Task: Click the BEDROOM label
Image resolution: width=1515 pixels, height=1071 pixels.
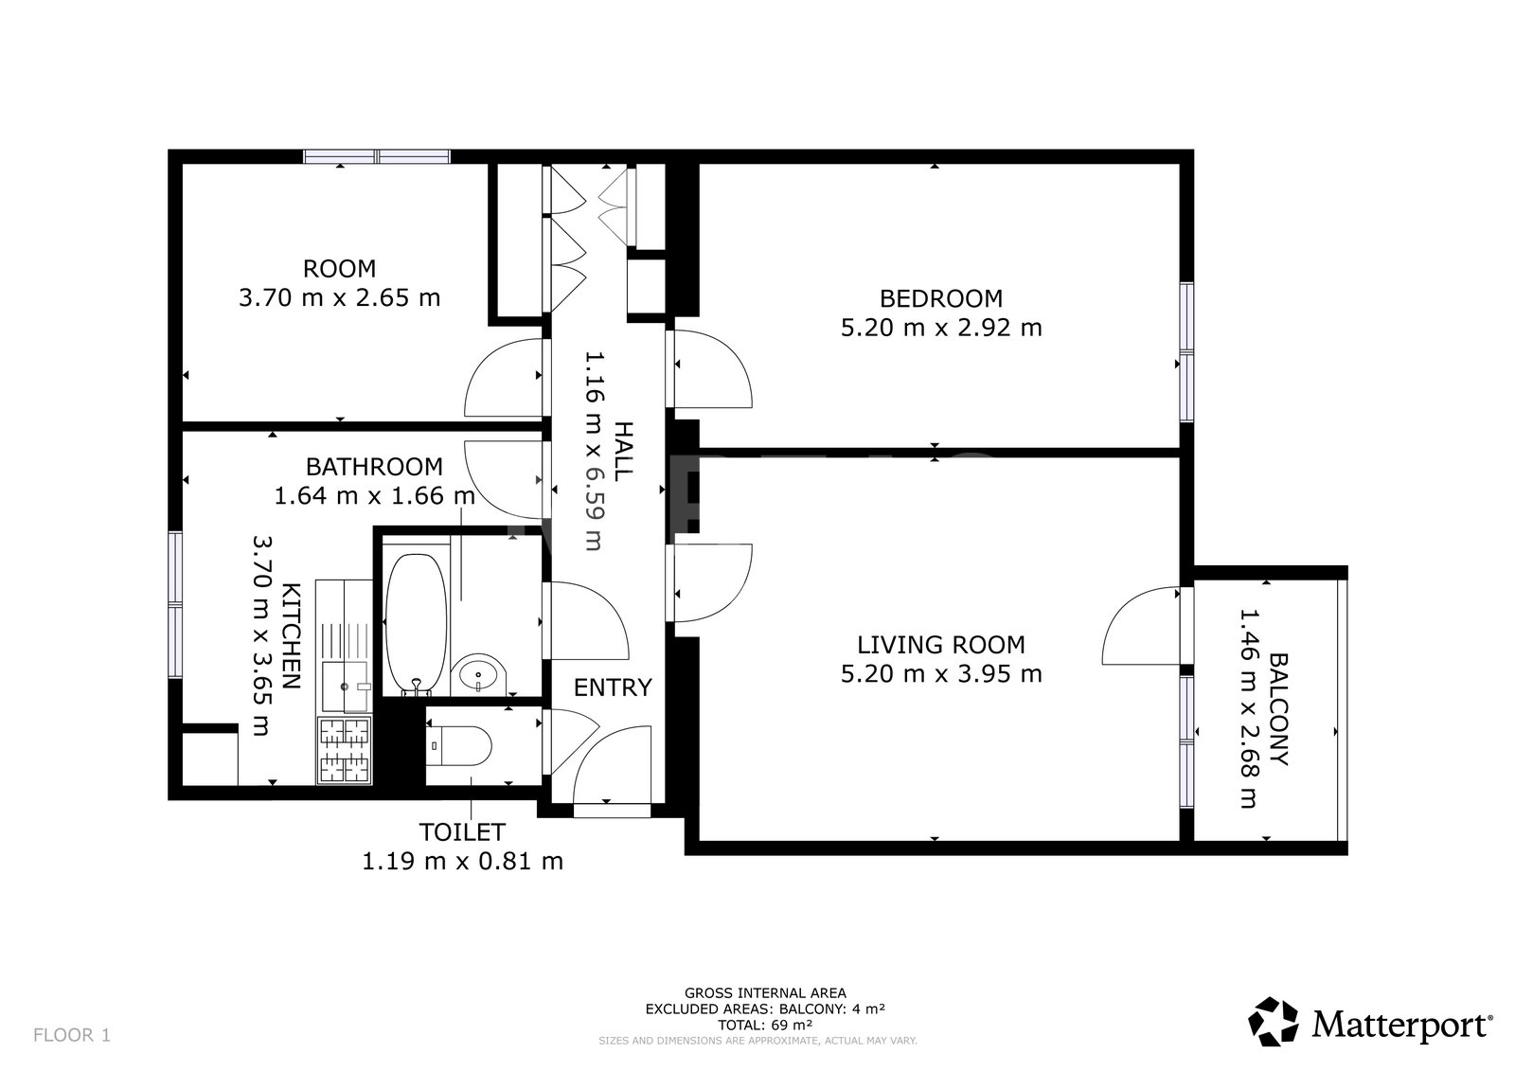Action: (941, 298)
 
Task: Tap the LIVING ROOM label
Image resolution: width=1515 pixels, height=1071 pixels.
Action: (941, 645)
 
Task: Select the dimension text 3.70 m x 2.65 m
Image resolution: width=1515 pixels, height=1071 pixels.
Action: (340, 297)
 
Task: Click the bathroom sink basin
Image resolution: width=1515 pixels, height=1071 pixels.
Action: (478, 674)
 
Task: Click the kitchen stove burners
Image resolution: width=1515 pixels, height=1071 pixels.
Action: (345, 751)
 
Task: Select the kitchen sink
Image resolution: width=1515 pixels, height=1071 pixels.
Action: (346, 687)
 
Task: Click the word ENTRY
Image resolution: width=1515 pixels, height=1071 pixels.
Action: (613, 687)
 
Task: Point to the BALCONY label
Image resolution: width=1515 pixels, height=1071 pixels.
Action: (1279, 709)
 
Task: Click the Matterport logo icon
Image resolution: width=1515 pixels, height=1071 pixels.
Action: (1273, 1021)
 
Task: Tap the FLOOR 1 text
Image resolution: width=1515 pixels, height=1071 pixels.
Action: (72, 1034)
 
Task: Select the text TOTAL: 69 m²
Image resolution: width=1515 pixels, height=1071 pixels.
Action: (765, 1025)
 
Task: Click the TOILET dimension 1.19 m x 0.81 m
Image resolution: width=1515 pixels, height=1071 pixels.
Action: (463, 862)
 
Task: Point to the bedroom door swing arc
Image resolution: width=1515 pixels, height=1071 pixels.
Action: (713, 368)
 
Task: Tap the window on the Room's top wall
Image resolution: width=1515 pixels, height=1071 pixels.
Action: (377, 157)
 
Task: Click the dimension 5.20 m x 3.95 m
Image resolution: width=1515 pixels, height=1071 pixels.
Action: (941, 674)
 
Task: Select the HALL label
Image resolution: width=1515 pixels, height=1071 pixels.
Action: (624, 451)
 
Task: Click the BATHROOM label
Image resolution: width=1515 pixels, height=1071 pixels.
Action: (374, 467)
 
